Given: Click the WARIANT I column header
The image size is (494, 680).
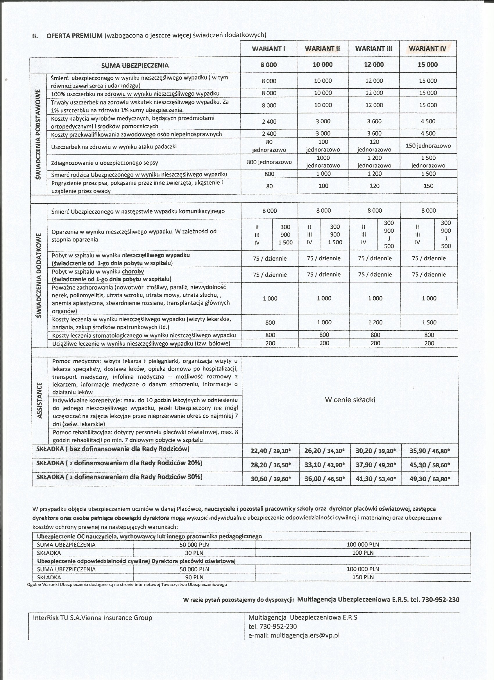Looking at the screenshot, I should click(x=269, y=49).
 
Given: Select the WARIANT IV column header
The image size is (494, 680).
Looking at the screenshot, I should click(x=427, y=49).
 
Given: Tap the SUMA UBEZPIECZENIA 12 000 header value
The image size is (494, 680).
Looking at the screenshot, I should click(x=374, y=65).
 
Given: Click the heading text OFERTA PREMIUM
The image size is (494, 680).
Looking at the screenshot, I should click(x=74, y=35).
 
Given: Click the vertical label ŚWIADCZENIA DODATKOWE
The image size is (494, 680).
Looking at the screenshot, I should click(x=38, y=275).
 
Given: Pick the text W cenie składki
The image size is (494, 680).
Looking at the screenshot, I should click(x=350, y=400).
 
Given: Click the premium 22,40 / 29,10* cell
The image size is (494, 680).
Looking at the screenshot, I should click(x=271, y=451).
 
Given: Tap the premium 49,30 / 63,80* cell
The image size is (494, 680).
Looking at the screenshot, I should click(x=429, y=478).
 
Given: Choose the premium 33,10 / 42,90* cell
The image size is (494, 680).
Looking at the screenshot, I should click(x=324, y=465).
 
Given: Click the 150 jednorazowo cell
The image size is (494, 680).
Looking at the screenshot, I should click(x=428, y=146).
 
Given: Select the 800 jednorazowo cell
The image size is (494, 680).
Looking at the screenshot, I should click(x=269, y=162).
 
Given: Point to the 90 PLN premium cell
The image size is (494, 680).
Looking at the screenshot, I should click(x=194, y=577).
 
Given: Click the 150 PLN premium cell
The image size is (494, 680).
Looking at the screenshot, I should click(x=363, y=577).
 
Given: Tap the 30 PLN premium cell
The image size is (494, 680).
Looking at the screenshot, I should click(x=194, y=553).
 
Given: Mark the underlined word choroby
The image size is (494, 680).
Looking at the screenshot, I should click(x=133, y=271).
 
